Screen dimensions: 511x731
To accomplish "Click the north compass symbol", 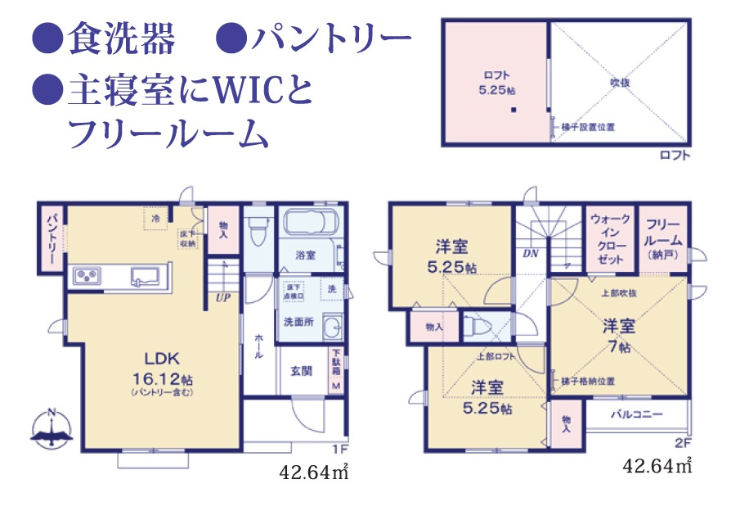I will click(51, 427).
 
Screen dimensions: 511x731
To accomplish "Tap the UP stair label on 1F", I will click(222, 297).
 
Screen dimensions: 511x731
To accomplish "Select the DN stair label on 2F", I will click(530, 253).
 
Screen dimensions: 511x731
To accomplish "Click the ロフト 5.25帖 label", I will click(494, 82).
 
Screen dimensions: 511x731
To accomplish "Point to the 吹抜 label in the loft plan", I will click(618, 83).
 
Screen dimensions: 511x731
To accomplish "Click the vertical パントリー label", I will click(51, 237).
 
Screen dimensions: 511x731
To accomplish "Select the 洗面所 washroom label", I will click(299, 321).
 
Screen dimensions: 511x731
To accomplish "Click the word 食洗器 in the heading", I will click(121, 37).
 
